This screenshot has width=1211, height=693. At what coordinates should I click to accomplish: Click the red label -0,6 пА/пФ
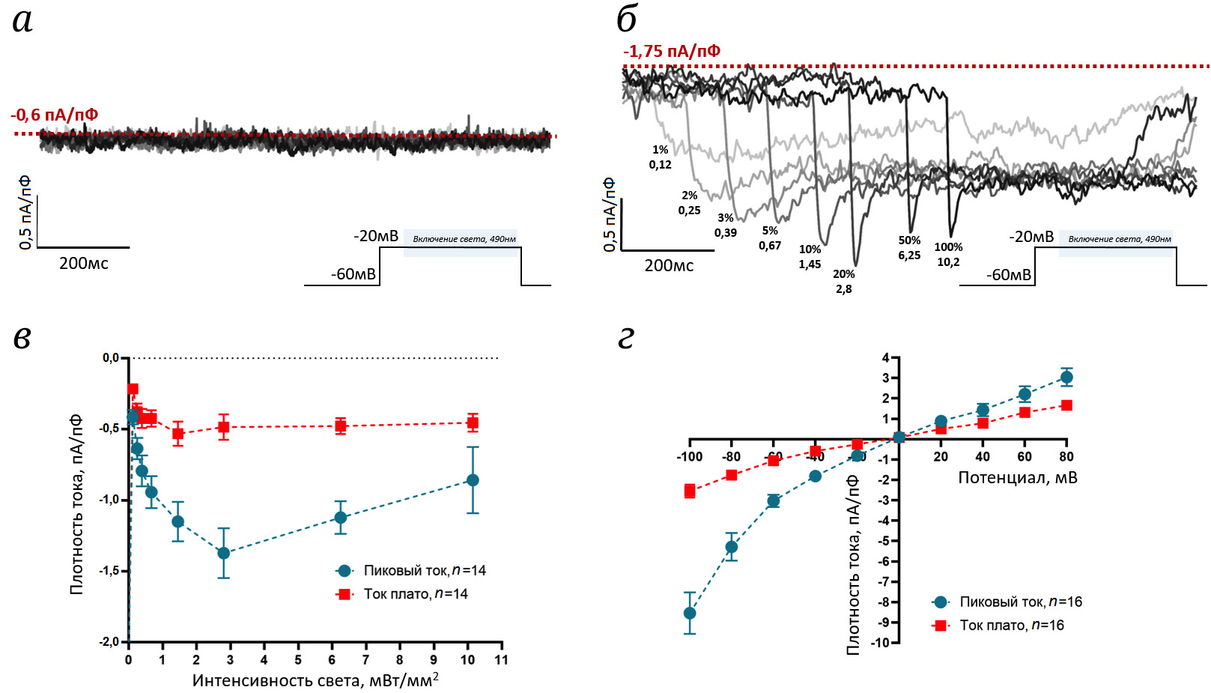pyautogui.click(x=55, y=115)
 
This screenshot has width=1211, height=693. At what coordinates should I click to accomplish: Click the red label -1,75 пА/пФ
pyautogui.click(x=672, y=51)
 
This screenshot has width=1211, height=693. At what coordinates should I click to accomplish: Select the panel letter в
pyautogui.click(x=22, y=338)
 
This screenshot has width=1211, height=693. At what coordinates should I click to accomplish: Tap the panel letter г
pyautogui.click(x=626, y=338)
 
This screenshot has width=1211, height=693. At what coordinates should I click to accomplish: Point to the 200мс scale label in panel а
pyautogui.click(x=84, y=264)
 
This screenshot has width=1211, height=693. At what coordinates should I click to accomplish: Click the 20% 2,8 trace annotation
pyautogui.click(x=844, y=282)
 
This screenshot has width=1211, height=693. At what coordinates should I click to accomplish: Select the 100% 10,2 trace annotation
pyautogui.click(x=948, y=255)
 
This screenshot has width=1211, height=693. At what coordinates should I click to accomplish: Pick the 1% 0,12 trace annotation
pyautogui.click(x=660, y=157)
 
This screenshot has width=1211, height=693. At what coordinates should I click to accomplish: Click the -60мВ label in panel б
pyautogui.click(x=1009, y=275)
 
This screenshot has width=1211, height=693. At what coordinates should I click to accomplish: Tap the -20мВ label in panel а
pyautogui.click(x=376, y=236)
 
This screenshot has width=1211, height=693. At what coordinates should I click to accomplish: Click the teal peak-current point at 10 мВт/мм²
pyautogui.click(x=473, y=480)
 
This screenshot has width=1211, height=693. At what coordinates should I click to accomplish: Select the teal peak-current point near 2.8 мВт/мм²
pyautogui.click(x=223, y=553)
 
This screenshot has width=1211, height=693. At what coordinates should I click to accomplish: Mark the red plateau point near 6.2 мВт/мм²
pyautogui.click(x=341, y=426)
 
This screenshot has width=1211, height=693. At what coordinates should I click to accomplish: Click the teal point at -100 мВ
pyautogui.click(x=690, y=613)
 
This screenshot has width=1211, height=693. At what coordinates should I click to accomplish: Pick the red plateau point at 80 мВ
pyautogui.click(x=1066, y=405)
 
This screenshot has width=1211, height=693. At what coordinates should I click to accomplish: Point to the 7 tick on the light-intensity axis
pyautogui.click(x=365, y=660)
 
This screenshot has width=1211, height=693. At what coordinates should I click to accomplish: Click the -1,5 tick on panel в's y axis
pyautogui.click(x=109, y=571)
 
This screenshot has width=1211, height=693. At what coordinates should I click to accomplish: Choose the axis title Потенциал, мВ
pyautogui.click(x=1018, y=478)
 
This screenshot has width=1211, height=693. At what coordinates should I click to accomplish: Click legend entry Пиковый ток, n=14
pyautogui.click(x=424, y=571)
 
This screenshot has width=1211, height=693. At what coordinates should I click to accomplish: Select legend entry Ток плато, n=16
pyautogui.click(x=1011, y=626)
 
